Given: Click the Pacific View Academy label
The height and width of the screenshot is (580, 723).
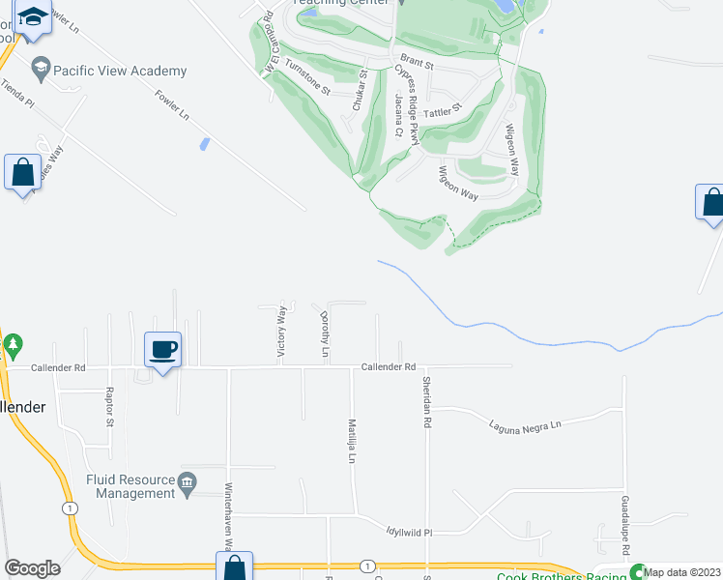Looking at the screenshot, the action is (120, 71).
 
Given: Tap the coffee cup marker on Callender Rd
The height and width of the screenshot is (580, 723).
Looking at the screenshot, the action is (162, 349).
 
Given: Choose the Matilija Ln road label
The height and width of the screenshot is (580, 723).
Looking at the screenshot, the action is (353, 440).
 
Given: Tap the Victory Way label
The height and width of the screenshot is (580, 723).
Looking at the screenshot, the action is (281, 332).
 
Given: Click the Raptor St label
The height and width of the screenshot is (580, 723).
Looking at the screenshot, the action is (110, 407).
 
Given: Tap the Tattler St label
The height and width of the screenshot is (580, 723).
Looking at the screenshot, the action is (446, 110).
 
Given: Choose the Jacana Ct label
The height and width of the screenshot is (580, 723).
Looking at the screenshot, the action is (398, 117).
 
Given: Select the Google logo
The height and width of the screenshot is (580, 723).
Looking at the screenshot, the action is (32, 567).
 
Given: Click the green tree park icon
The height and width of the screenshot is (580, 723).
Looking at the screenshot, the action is (13, 344).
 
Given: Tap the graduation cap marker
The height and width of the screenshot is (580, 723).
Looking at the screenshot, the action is (34, 19).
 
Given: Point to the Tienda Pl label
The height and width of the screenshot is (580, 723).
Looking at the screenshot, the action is (16, 94).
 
